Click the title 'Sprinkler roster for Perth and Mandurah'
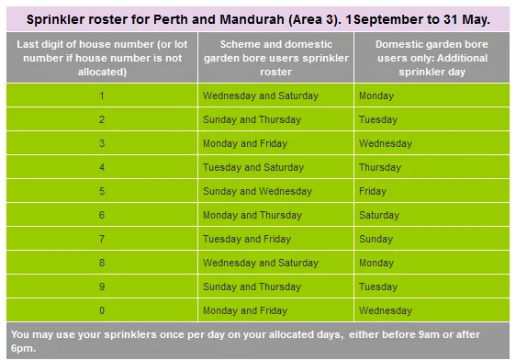[x=258, y=18]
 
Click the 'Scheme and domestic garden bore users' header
[x=275, y=57]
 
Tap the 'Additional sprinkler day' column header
[x=431, y=57]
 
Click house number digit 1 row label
[x=101, y=96]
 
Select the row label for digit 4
[x=101, y=167]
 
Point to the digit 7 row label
[x=101, y=239]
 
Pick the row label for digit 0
[x=101, y=310]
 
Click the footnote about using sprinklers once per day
[x=258, y=340]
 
